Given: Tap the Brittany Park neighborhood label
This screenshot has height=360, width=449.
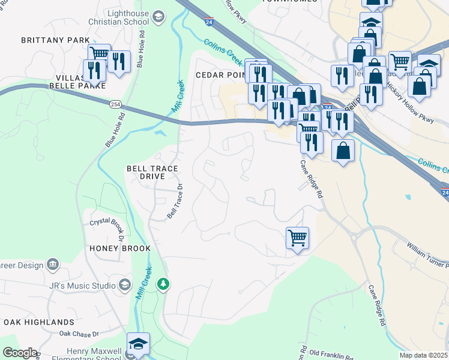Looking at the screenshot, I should (47, 40).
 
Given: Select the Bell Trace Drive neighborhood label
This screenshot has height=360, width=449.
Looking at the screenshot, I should (151, 173).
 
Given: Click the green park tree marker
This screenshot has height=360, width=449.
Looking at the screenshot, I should (163, 283).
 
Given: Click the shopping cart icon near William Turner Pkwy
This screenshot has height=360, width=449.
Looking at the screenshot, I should (297, 238).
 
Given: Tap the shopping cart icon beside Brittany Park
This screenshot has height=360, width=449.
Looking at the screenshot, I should (99, 55).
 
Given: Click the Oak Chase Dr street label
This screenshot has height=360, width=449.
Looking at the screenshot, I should (79, 333).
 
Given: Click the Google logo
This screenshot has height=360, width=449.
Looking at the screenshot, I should (19, 353).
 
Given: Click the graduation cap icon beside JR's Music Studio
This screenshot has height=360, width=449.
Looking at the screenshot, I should (125, 284).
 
